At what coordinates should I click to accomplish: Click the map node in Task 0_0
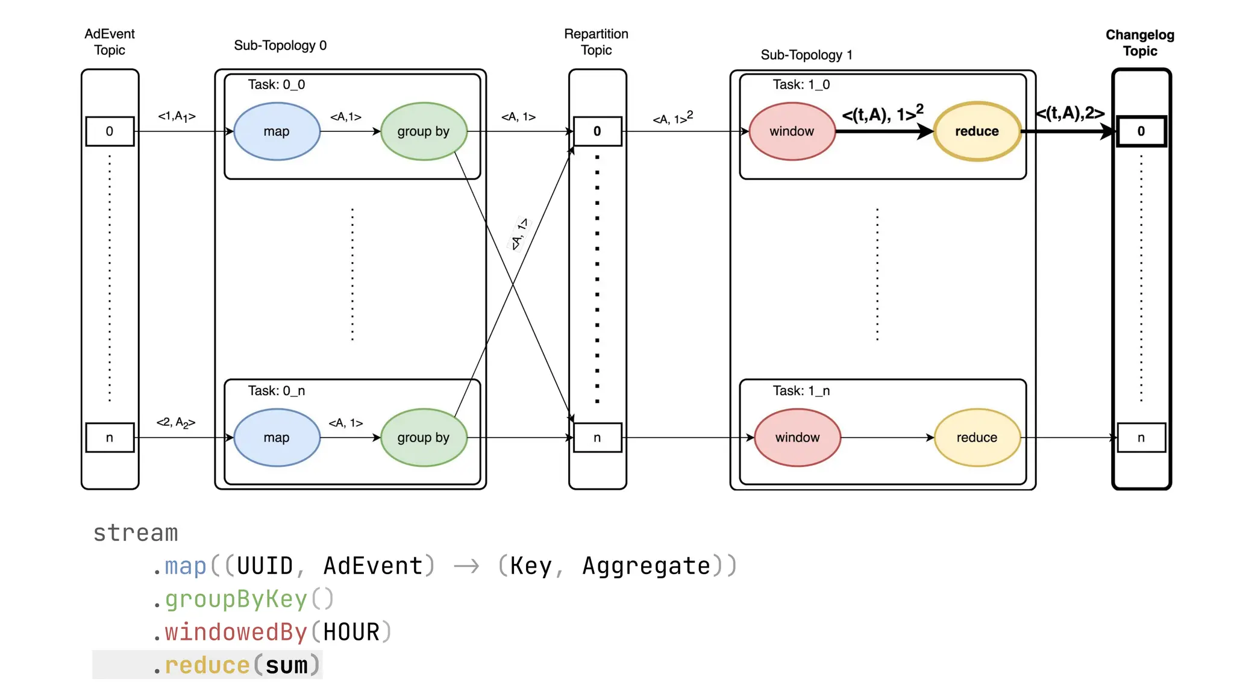click(277, 131)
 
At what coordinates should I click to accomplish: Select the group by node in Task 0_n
click(424, 438)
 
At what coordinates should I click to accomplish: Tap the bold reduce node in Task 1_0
click(977, 131)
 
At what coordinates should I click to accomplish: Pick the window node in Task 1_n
click(797, 438)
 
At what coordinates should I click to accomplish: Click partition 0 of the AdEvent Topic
click(110, 131)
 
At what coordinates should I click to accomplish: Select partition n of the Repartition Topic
click(597, 438)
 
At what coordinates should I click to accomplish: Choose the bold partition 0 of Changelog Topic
click(1141, 131)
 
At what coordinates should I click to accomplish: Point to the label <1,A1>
click(177, 116)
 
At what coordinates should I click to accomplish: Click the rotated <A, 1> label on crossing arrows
click(519, 234)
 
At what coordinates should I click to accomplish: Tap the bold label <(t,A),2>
click(1070, 113)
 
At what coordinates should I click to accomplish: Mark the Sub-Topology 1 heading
click(806, 55)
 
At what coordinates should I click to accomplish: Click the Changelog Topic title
click(1140, 43)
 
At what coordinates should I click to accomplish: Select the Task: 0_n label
click(277, 391)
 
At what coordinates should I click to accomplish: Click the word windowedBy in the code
click(236, 633)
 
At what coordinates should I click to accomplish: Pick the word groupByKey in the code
click(236, 599)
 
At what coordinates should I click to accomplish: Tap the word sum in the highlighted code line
click(286, 666)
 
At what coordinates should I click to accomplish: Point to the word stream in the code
click(136, 533)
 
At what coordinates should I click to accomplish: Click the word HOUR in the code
click(351, 633)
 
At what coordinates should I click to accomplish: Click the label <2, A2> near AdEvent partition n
click(176, 423)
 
